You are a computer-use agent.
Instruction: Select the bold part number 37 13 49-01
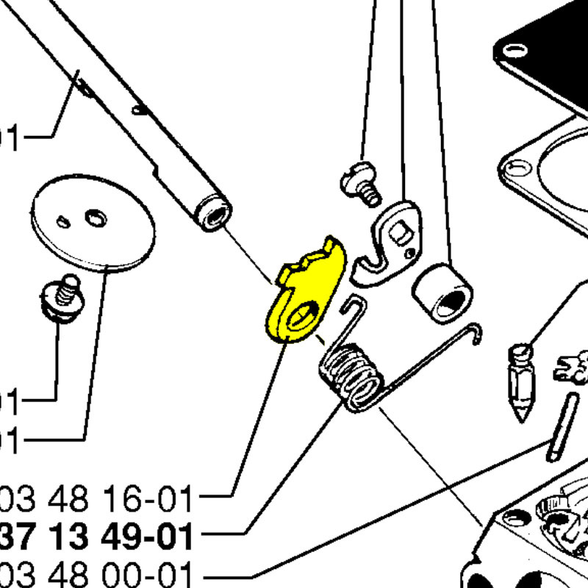(x=96, y=537)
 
